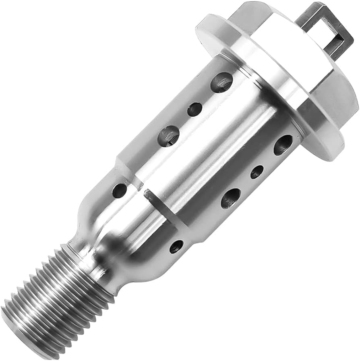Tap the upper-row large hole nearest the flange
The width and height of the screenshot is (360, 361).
pyautogui.click(x=222, y=82)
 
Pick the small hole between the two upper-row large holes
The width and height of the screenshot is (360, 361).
pyautogui.click(x=195, y=109)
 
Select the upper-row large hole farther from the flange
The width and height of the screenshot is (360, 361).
pyautogui.click(x=168, y=136)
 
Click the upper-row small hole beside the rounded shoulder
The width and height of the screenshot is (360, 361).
pyautogui.click(x=119, y=190)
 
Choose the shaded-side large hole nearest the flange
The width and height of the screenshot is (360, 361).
pyautogui.click(x=283, y=145)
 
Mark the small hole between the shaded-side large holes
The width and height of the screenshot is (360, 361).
pyautogui.click(x=257, y=172)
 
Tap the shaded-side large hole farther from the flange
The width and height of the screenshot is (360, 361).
pyautogui.click(x=230, y=198)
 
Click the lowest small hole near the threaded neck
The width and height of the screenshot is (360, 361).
pyautogui.click(x=176, y=246)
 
